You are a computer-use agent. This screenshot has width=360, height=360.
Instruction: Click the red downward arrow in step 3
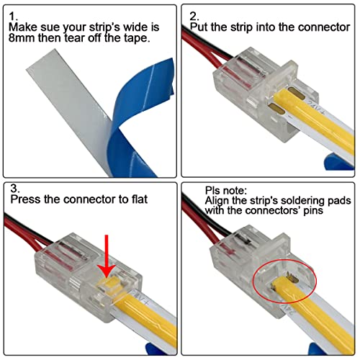(107, 252)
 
